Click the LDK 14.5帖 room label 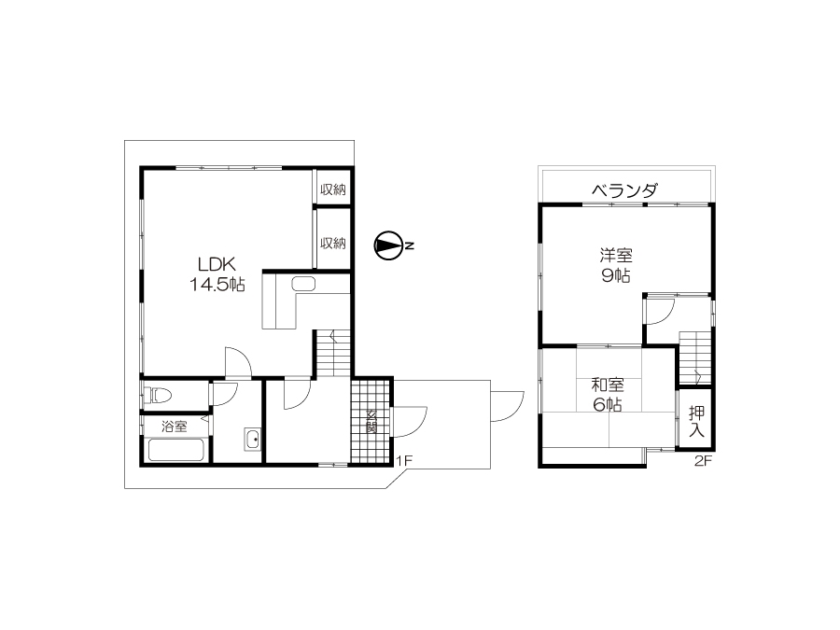[x=217, y=274]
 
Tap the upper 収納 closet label [x=332, y=189]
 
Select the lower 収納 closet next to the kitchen [x=332, y=239]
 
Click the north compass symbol [x=389, y=245]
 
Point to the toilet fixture [x=158, y=397]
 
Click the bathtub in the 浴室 [x=176, y=450]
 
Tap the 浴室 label [x=175, y=427]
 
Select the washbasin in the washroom [x=252, y=440]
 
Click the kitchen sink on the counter [x=303, y=284]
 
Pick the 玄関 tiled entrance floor [x=371, y=421]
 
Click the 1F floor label [x=403, y=460]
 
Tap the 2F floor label [x=703, y=461]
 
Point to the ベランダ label [x=624, y=190]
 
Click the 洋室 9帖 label [x=616, y=265]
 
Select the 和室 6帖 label [x=608, y=395]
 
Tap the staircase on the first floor [x=333, y=353]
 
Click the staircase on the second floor [x=695, y=357]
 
